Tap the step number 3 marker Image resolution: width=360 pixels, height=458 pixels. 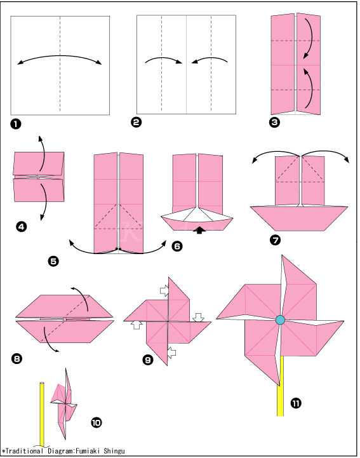click(x=274, y=123)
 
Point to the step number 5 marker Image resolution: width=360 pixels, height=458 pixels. click(x=53, y=260)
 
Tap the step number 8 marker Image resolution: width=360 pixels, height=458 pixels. click(x=17, y=359)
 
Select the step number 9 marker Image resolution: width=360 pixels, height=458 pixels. click(x=148, y=360)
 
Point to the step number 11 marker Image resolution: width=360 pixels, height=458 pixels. click(x=296, y=403)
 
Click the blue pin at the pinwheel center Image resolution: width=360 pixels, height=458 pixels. click(x=280, y=320)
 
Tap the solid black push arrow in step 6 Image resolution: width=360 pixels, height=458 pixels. click(x=201, y=230)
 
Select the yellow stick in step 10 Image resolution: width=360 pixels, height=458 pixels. click(x=43, y=413)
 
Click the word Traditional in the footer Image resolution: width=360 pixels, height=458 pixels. click(x=25, y=450)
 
